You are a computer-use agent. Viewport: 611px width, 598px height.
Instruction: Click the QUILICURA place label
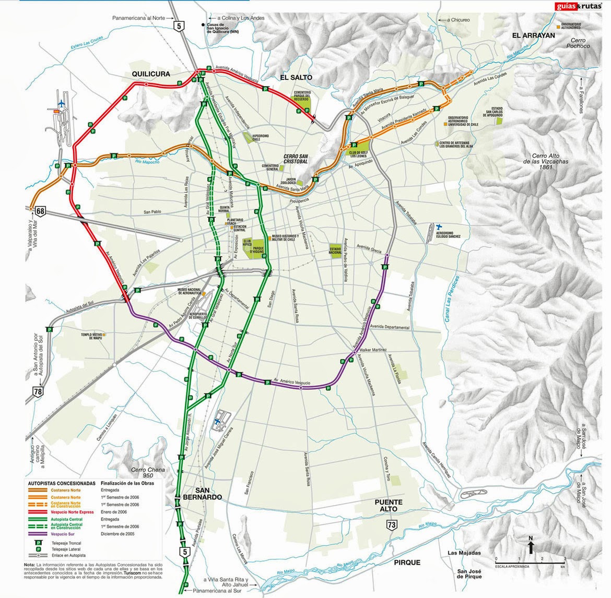coord(150,74)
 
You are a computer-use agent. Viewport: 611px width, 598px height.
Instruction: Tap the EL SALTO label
coord(296,77)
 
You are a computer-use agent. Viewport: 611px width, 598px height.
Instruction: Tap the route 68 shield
coord(40,211)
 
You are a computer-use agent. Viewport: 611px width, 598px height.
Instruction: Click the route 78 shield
coord(37,391)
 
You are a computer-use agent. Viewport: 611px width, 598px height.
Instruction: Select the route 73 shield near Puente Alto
coord(391,525)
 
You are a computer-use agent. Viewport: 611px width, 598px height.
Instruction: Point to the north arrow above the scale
coord(530,546)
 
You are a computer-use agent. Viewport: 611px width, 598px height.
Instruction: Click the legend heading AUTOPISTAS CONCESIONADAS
coord(62,483)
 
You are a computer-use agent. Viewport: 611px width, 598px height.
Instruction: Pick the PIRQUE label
coord(407,563)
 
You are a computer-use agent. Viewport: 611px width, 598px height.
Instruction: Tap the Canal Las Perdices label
coord(452,302)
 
